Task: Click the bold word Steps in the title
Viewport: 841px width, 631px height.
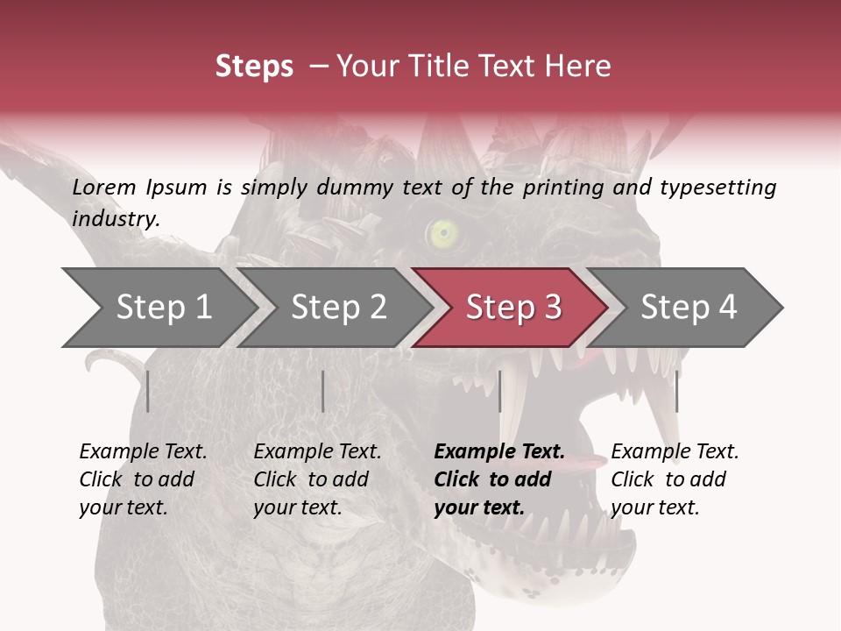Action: [254, 66]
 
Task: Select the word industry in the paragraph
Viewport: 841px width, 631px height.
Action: [115, 219]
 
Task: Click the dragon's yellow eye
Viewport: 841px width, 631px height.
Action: [443, 232]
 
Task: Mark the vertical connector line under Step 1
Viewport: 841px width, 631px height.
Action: [148, 391]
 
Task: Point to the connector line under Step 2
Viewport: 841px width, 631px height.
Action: [323, 391]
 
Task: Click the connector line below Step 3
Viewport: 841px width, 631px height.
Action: [499, 391]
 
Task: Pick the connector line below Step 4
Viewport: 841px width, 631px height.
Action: [676, 391]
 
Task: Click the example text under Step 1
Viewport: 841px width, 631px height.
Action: [143, 479]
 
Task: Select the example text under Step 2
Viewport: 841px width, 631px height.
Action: [317, 479]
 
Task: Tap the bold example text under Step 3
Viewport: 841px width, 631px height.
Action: [499, 479]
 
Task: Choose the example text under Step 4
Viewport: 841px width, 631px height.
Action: [675, 479]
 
